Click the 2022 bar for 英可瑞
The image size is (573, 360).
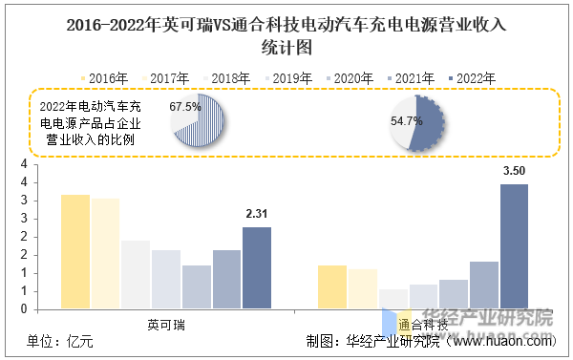[x=257, y=268]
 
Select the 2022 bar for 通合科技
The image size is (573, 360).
[x=514, y=246]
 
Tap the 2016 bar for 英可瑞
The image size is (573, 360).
[x=75, y=251]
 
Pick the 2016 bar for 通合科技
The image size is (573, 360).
[x=332, y=286]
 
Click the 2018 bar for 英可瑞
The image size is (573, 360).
[x=136, y=274]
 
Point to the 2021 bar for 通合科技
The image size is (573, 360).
[x=484, y=286]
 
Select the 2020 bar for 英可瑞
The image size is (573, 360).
[x=197, y=286]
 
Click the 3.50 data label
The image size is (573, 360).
[x=514, y=171]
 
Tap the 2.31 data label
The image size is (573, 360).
[x=257, y=214]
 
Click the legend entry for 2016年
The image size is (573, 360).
[x=104, y=78]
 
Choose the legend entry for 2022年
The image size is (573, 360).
[x=472, y=78]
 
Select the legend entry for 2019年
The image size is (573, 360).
[x=288, y=78]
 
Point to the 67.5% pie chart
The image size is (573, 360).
[x=198, y=120]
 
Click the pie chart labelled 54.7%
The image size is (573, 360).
[x=417, y=123]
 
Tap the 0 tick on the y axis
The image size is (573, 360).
[x=24, y=309]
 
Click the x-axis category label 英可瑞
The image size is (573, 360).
[x=166, y=325]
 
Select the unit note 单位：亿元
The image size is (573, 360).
[x=60, y=342]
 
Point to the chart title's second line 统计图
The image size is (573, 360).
[x=286, y=48]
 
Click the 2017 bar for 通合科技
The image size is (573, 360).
[x=363, y=288]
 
